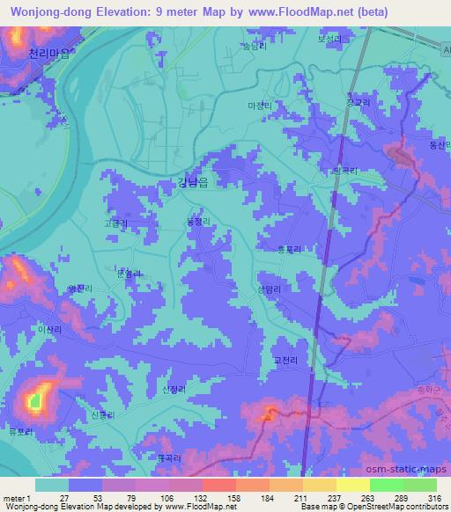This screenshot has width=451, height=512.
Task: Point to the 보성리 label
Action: (329, 40)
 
